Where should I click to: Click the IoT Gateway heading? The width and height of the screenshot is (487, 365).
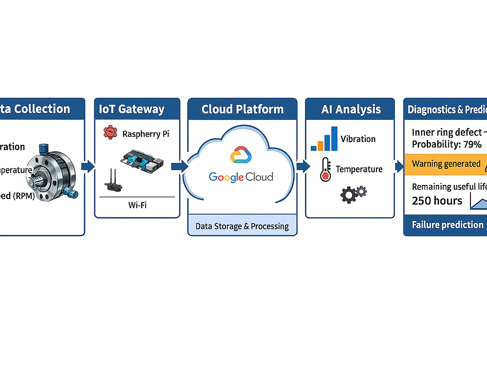click(x=131, y=109)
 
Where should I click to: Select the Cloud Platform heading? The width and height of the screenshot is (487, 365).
click(x=243, y=109)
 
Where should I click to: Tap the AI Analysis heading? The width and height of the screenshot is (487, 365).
click(x=351, y=109)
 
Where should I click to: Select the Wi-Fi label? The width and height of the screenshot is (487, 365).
click(x=137, y=205)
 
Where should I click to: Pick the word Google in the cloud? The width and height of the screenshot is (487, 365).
click(x=226, y=177)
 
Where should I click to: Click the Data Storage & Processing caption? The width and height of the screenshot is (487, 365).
click(x=242, y=226)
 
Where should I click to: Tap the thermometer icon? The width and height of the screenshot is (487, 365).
click(x=325, y=170)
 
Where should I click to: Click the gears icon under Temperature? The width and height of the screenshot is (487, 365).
click(x=353, y=193)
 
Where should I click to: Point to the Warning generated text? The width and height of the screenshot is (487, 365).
click(x=446, y=164)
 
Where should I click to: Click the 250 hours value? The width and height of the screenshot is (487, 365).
click(x=437, y=201)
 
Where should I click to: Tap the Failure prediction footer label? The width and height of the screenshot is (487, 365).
click(x=448, y=225)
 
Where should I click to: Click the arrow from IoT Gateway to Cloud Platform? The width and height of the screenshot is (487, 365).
click(x=180, y=166)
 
